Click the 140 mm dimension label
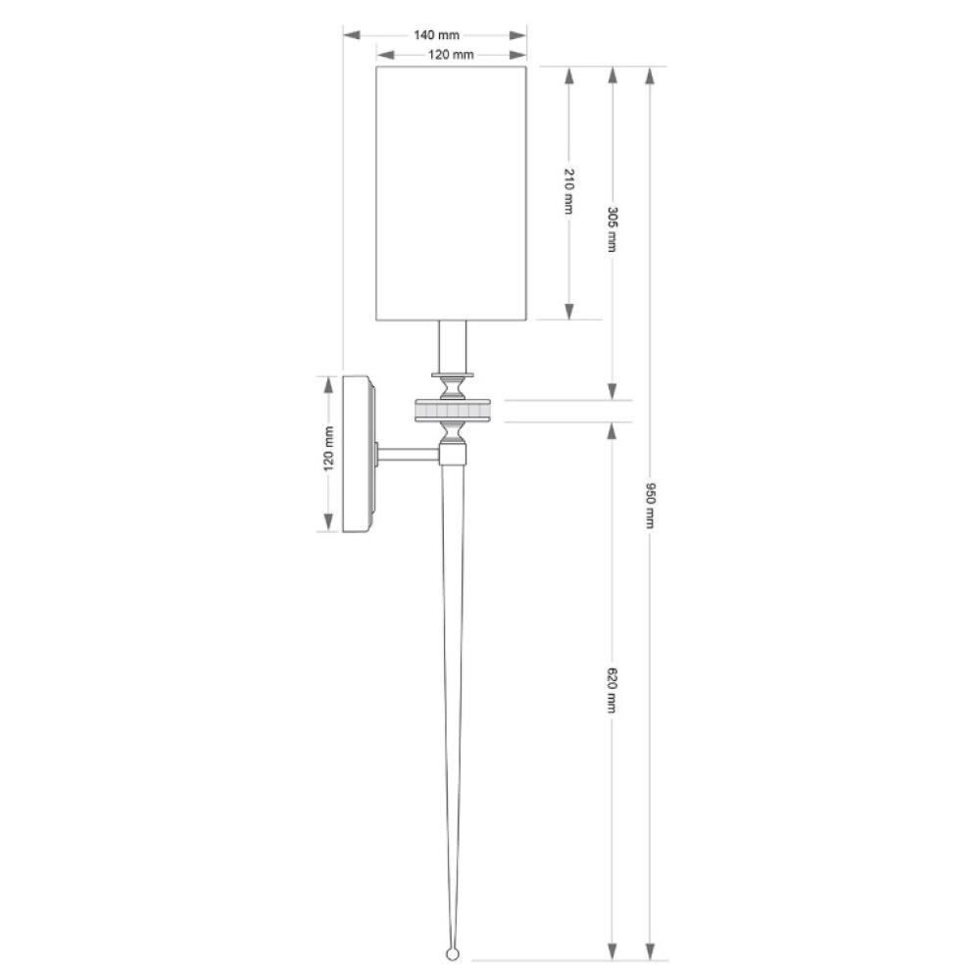click(436, 35)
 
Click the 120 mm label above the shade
click(451, 54)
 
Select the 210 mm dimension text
click(568, 191)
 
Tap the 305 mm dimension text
click(612, 228)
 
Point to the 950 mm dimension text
click(650, 505)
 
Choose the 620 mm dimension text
click(612, 690)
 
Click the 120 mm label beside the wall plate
click(328, 448)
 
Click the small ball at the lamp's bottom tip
click(453, 954)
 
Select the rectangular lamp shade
click(451, 193)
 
